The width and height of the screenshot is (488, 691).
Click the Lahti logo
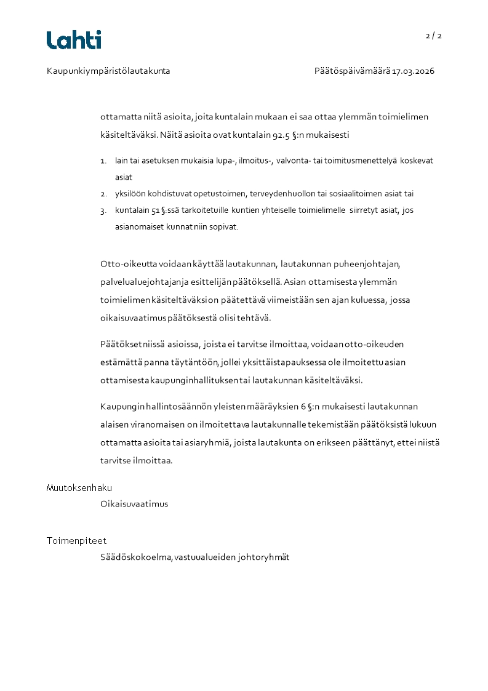(x=74, y=40)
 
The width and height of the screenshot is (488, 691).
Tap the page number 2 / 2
(x=433, y=36)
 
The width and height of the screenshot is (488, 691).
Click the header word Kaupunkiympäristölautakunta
(x=108, y=71)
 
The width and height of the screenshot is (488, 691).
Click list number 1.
(x=103, y=161)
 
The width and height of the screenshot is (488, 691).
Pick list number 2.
(x=103, y=194)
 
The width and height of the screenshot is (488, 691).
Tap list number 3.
(x=103, y=210)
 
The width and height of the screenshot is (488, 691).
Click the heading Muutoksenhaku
(x=79, y=488)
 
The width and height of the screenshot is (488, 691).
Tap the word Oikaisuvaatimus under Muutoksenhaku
(x=134, y=504)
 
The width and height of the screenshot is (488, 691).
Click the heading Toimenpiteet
(x=76, y=541)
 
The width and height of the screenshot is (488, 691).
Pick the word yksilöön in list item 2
(x=128, y=194)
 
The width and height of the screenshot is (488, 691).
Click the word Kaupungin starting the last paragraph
(x=121, y=407)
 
